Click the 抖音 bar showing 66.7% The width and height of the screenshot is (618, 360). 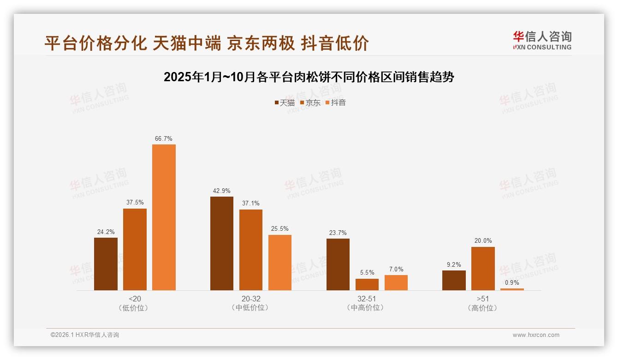pos(164,217)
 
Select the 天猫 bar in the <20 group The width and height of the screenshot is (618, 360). pos(106,264)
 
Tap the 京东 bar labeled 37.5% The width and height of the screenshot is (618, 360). pos(135,249)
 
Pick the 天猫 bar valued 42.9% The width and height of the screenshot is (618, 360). pos(222,244)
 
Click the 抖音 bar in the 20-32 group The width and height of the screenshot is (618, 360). pos(280,263)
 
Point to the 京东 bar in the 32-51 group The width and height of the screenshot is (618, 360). pos(367,284)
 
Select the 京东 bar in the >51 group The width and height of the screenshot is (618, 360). pos(483,269)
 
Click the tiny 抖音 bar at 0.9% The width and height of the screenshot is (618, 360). pos(512,289)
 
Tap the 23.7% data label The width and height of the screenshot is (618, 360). pos(338,233)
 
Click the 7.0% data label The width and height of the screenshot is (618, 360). pos(396,269)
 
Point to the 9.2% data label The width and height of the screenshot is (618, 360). pos(454,264)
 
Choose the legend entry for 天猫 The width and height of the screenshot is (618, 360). pos(285,102)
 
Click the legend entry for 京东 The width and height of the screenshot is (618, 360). pos(310,102)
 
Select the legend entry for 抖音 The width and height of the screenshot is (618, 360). pos(336,102)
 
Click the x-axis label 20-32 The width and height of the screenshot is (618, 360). pos(251,299)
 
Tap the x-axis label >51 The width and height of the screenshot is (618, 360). pos(483,299)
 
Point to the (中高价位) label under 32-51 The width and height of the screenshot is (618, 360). pos(367,307)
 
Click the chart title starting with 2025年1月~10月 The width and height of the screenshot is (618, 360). pos(309,77)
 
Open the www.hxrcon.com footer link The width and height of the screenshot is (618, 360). pos(536,335)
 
